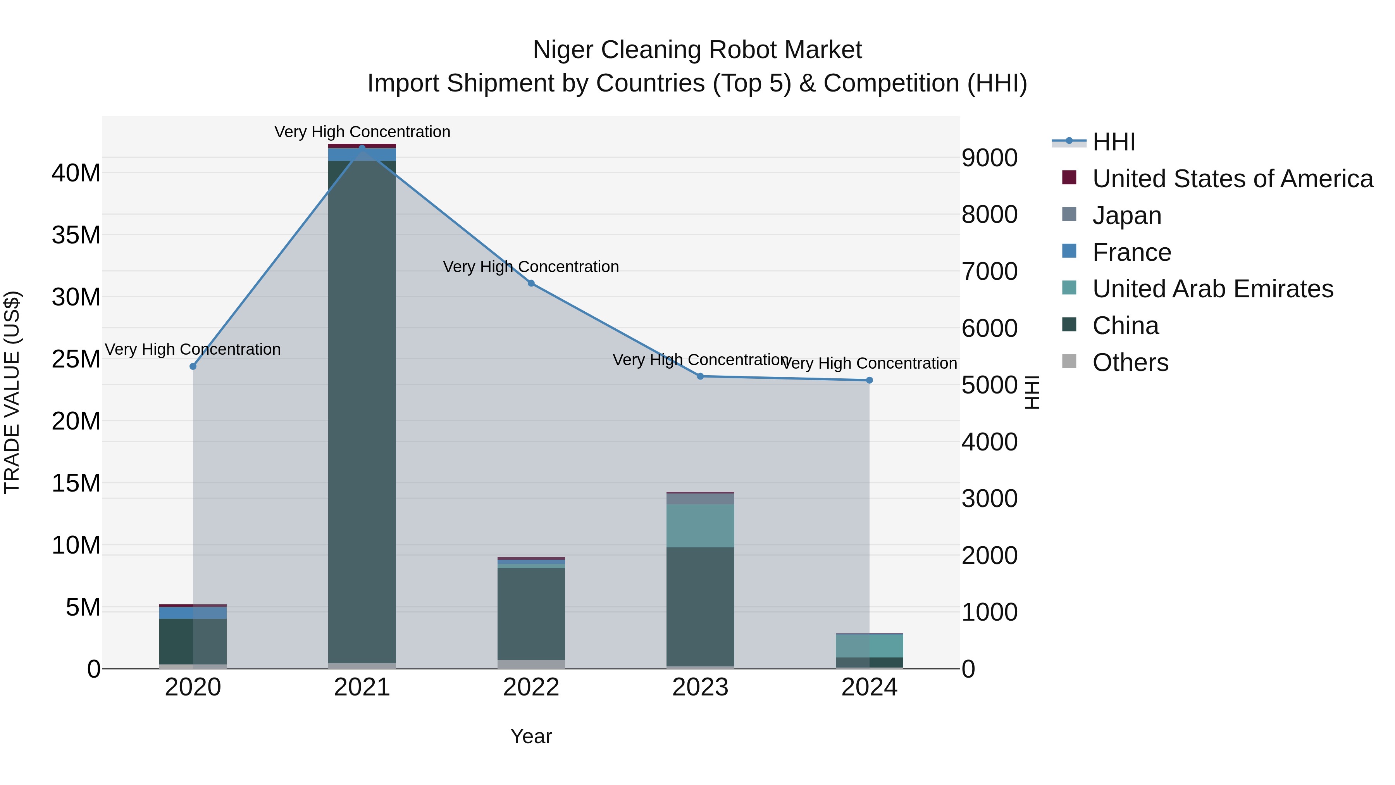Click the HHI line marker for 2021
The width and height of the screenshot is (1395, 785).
point(362,148)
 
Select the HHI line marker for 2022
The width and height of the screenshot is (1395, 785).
point(531,283)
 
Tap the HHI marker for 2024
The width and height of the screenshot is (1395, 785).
point(869,380)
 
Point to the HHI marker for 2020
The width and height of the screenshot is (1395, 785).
point(193,366)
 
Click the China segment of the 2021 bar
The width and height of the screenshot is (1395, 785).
point(362,412)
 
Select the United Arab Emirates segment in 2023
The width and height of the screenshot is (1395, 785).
point(700,526)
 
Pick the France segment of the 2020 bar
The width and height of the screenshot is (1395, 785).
point(193,613)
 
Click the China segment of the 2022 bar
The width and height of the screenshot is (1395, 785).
point(531,613)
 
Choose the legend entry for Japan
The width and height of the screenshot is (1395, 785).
point(1126,216)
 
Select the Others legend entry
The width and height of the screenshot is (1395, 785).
point(1130,362)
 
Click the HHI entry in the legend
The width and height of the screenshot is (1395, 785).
point(1113,142)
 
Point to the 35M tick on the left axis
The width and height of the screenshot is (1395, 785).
point(76,235)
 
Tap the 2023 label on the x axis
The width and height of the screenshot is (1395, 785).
point(700,687)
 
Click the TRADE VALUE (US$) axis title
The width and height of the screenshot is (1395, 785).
point(12,392)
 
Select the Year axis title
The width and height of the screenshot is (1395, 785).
point(531,736)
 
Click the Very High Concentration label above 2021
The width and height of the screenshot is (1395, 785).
point(362,132)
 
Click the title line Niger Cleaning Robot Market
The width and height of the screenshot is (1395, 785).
point(697,50)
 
